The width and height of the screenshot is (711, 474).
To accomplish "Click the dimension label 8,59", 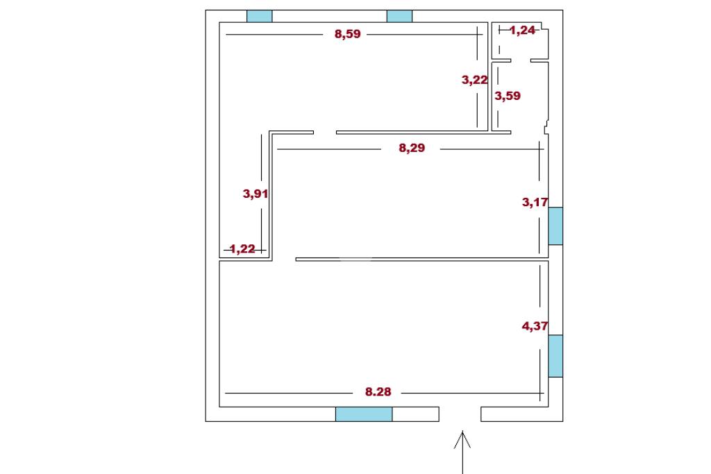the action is point(348,34).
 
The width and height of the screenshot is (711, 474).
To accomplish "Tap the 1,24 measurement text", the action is point(522,31).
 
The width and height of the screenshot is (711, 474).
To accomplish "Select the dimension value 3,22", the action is point(475,80).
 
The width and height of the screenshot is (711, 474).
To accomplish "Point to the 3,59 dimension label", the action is point(507,96).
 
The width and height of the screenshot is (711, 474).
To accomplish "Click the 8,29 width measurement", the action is point(412,148).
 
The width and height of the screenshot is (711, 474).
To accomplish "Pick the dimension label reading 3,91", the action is point(256,194).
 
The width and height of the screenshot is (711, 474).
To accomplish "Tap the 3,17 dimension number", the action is point(535,203).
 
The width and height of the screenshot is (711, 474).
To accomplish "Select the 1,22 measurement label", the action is point(242,249).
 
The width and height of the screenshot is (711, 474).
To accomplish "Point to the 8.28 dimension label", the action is point(378,392).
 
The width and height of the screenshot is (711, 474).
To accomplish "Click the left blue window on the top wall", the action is point(260,16).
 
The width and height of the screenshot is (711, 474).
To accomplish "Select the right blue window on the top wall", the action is point(399,16).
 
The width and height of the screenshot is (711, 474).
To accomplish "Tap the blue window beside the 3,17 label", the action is point(555,226).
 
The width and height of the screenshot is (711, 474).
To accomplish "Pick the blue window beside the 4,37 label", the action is point(555,356).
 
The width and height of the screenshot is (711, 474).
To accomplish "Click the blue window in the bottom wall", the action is point(364,414).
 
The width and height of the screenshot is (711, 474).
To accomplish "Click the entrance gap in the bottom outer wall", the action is point(460,414).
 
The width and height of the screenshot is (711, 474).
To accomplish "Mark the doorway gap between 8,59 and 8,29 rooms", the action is point(324,132).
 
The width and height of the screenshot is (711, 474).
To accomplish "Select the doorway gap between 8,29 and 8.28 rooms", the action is point(283,260).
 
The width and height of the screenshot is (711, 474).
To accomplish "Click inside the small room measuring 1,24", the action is point(521,45).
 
